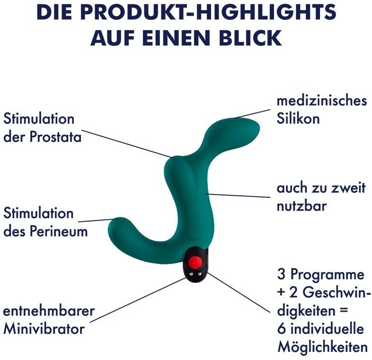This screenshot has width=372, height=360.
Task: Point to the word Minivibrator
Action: (x=44, y=328)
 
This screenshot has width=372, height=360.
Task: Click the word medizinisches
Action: (x=321, y=101)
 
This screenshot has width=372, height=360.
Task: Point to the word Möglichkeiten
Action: (x=322, y=347)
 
